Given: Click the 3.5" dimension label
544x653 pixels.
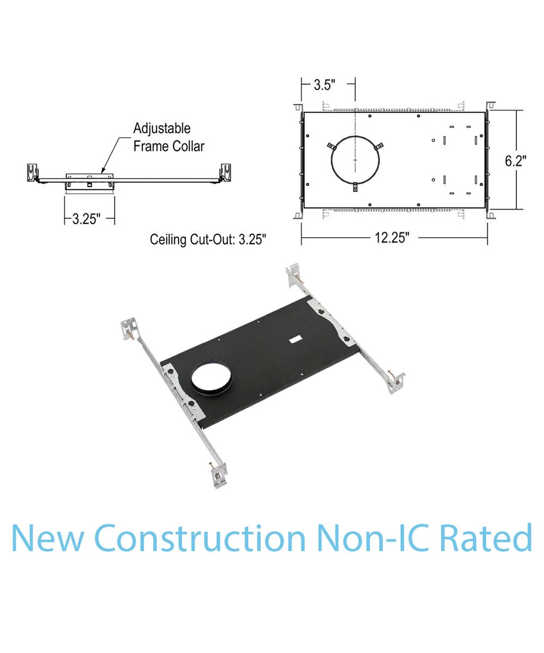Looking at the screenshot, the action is pos(324,85).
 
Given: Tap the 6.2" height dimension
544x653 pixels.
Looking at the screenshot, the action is pos(516,161).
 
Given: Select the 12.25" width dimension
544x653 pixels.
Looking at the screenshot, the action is pos(392,238).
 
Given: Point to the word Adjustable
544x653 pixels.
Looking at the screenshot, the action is pos(162,128).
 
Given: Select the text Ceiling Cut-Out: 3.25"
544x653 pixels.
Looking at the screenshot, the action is pos(208,239).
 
